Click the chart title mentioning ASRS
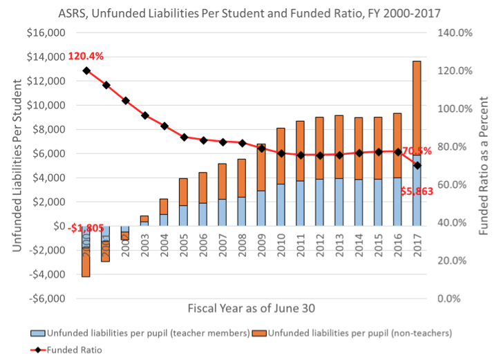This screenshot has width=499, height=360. coord(249,12)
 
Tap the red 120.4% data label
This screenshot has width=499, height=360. coord(86,55)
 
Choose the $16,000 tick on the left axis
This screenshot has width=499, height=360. coord(46,32)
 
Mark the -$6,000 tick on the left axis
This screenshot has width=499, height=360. coord(46,299)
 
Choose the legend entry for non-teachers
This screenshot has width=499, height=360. coord(360,333)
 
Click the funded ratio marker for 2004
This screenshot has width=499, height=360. coord(164,126)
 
